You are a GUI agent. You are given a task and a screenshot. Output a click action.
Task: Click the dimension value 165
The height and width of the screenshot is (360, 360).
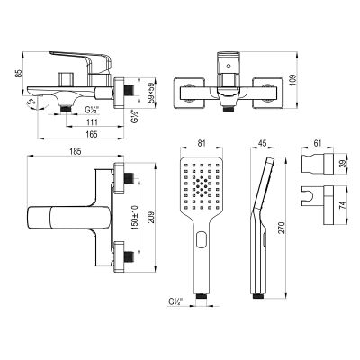click(94, 134)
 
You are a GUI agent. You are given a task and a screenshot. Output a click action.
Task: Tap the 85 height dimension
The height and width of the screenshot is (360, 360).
click(19, 74)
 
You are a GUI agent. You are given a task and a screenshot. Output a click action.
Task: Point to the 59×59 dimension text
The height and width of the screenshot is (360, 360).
click(151, 92)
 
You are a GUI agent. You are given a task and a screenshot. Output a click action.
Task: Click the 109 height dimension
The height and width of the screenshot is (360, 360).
click(293, 79)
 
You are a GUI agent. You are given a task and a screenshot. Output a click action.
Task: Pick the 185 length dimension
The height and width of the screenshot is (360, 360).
click(75, 152)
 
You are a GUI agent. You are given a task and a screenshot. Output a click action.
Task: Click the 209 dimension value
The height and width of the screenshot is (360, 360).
click(151, 217)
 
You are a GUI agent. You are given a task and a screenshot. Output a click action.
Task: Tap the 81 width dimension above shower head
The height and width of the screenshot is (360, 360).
click(202, 143)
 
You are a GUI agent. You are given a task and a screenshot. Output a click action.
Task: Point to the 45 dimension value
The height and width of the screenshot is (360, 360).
click(262, 143)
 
